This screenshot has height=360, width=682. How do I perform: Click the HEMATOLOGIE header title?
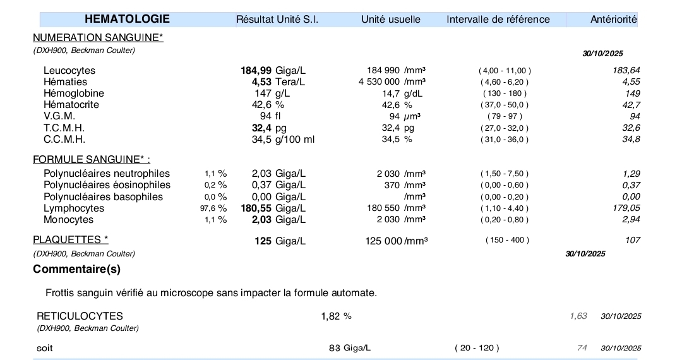(127, 19)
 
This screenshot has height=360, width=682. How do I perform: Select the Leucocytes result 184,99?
(256, 70)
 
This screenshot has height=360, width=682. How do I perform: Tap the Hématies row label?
(65, 81)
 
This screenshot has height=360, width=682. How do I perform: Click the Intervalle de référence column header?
(498, 19)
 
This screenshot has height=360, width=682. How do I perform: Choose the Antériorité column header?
(613, 20)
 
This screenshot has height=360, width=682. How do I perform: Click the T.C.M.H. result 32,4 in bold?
(261, 128)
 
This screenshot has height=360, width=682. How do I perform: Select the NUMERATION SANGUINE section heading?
(98, 38)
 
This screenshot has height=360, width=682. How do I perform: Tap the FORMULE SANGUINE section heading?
(92, 159)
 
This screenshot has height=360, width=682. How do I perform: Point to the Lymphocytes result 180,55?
(256, 208)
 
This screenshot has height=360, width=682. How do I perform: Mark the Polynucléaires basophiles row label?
(103, 196)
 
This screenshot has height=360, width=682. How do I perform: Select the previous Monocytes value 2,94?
(631, 219)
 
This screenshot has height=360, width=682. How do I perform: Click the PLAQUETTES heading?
(70, 239)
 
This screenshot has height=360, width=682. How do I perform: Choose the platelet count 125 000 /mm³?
(396, 240)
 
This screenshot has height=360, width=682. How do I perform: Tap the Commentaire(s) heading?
(76, 269)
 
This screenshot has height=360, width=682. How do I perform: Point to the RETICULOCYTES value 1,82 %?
(336, 316)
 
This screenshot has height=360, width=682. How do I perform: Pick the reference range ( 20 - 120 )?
(477, 348)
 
